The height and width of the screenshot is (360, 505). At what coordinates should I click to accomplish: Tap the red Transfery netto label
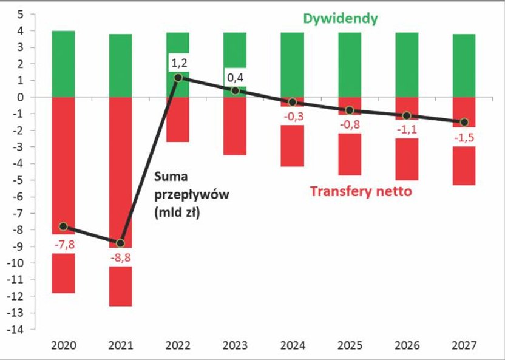coord(361,192)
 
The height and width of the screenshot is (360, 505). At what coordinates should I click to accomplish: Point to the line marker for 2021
coord(120,243)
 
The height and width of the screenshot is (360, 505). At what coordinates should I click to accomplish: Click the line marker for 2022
coord(178,77)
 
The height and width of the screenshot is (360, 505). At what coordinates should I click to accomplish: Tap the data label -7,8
coord(63,245)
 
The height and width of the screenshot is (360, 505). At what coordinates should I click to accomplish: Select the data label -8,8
coord(120,257)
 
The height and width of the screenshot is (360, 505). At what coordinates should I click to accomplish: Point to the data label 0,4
coord(235,77)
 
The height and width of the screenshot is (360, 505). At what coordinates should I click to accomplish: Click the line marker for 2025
coord(349,110)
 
